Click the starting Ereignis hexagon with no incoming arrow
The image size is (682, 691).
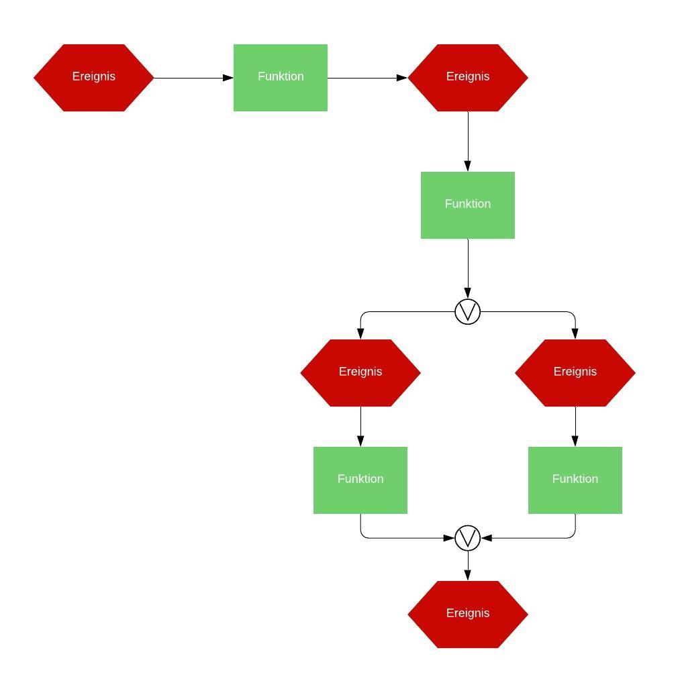point(94,77)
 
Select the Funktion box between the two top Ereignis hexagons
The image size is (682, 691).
point(281,77)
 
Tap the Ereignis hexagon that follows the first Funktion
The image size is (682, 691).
point(468,77)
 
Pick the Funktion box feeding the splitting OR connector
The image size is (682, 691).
point(468,205)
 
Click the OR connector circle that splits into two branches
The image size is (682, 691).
point(468,312)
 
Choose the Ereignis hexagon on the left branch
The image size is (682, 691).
point(360,372)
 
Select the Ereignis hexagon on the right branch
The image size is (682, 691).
point(575,372)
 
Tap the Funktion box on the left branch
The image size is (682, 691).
point(360,480)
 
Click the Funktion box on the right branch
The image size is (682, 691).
point(575,480)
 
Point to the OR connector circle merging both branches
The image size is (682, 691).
point(468,538)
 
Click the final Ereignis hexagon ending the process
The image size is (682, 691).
point(468,614)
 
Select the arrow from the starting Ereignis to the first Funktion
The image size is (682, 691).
point(193,78)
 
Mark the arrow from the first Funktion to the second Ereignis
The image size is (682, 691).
point(368,78)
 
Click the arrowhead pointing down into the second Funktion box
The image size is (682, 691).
point(468,166)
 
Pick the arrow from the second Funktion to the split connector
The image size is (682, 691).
point(468,268)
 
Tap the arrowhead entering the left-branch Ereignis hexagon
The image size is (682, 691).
point(360,333)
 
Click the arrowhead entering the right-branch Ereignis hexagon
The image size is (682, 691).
point(575,333)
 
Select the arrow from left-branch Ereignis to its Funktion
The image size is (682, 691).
point(360,426)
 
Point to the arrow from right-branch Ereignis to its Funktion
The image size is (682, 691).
point(575,426)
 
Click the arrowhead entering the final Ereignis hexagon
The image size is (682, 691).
point(468,575)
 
